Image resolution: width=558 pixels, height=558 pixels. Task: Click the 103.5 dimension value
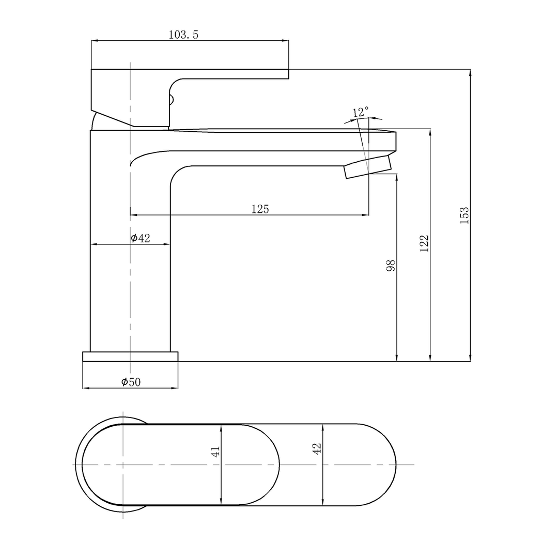coord(183,35)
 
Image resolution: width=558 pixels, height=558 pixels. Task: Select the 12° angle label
coord(361,112)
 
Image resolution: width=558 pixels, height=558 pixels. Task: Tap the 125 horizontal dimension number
coord(260,209)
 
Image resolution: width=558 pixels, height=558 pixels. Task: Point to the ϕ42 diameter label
coord(141,238)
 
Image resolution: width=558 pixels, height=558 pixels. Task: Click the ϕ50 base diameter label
coord(131,382)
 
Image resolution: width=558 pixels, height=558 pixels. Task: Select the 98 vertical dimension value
coord(391,266)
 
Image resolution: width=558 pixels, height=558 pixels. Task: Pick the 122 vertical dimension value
coord(424,243)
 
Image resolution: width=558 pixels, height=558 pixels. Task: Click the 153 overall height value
coord(464,215)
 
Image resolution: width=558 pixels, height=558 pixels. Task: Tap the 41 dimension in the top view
coord(216,451)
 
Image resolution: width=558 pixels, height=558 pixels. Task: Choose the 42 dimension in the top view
coord(317,448)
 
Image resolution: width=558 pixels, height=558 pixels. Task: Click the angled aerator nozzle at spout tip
coord(368,167)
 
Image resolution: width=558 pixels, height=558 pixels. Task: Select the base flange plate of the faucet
coord(130,357)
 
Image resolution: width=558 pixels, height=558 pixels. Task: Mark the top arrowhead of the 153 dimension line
coord(470,73)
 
